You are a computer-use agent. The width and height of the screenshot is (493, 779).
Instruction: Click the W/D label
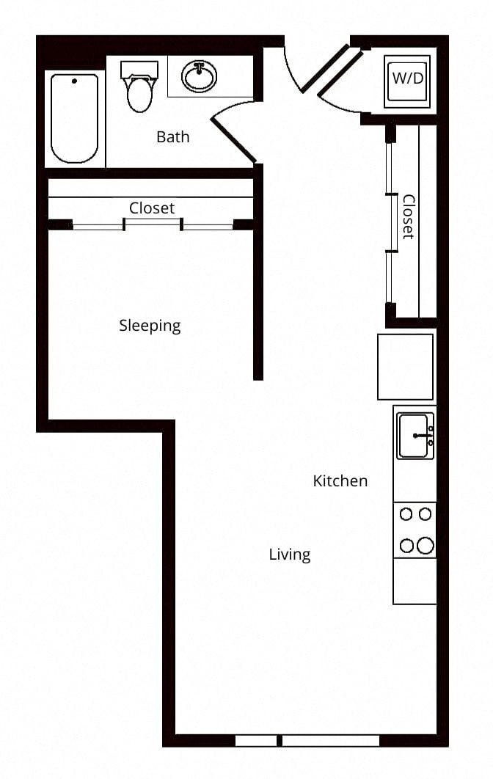(x=407, y=78)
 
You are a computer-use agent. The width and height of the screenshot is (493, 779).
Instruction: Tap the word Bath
(x=173, y=136)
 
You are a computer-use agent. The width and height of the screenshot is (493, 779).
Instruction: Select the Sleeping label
(x=150, y=326)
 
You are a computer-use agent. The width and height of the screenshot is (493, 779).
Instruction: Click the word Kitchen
(x=340, y=480)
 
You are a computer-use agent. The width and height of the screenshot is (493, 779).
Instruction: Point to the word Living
(x=290, y=555)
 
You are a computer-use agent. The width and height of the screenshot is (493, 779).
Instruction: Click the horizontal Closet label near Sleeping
(x=152, y=208)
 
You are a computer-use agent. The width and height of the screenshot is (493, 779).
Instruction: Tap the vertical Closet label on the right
(x=408, y=217)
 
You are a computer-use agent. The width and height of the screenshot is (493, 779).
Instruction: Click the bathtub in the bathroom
(x=75, y=118)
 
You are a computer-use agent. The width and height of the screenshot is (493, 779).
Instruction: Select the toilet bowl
(x=139, y=95)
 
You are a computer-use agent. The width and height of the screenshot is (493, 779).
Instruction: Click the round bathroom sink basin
(x=200, y=76)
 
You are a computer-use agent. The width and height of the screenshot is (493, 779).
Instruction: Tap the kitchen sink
(x=415, y=436)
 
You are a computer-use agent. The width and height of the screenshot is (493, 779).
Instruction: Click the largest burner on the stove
(x=426, y=546)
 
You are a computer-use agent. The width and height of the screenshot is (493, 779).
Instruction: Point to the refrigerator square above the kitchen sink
(x=405, y=367)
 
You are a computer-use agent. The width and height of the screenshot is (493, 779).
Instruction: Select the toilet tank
(x=139, y=70)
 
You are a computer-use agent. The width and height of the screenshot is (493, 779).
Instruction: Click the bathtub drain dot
(x=75, y=81)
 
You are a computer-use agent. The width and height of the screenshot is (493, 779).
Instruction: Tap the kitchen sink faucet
(x=423, y=436)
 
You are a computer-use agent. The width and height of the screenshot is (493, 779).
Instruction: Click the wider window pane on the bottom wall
(x=331, y=741)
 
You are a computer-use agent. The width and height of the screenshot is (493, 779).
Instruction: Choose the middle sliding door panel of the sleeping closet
(x=152, y=225)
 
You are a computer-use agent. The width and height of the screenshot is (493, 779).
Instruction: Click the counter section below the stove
(x=415, y=581)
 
